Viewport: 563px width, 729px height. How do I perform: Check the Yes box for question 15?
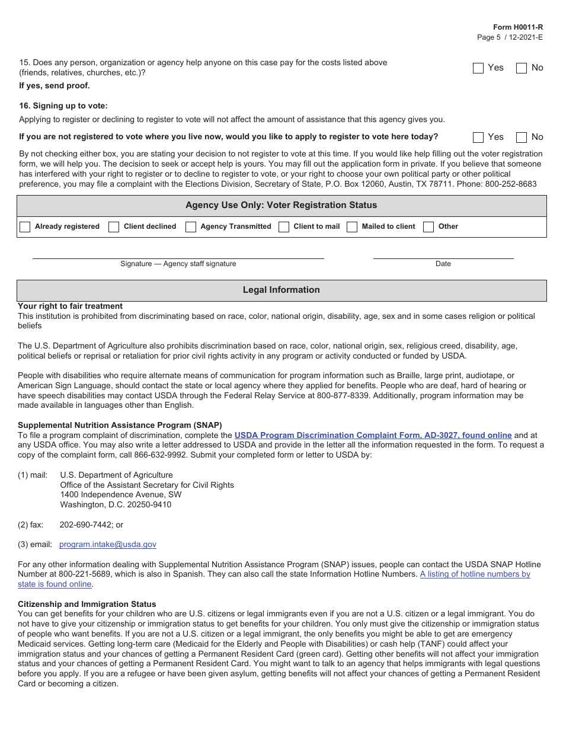click(478, 68)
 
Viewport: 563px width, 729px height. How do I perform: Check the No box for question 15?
click(522, 68)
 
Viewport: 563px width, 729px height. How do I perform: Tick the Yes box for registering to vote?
click(478, 138)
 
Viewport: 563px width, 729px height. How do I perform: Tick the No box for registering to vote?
click(522, 138)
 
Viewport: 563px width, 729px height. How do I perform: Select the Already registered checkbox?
click(25, 227)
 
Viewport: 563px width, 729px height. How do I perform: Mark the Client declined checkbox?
click(114, 227)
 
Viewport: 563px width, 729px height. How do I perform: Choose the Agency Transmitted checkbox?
click(191, 227)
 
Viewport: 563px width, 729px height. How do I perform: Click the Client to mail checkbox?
click(284, 227)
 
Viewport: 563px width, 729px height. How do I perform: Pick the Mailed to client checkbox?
click(352, 227)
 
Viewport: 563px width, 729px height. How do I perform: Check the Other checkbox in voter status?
click(428, 227)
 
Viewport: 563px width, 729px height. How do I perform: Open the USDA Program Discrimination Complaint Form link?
click(373, 435)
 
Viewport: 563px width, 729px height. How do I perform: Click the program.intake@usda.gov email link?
click(108, 544)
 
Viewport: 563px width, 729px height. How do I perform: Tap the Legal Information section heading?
click(281, 290)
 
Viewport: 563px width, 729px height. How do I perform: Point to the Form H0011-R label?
click(518, 27)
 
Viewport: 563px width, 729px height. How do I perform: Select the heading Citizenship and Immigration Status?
click(87, 604)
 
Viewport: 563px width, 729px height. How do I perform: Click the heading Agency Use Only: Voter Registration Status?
click(281, 205)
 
